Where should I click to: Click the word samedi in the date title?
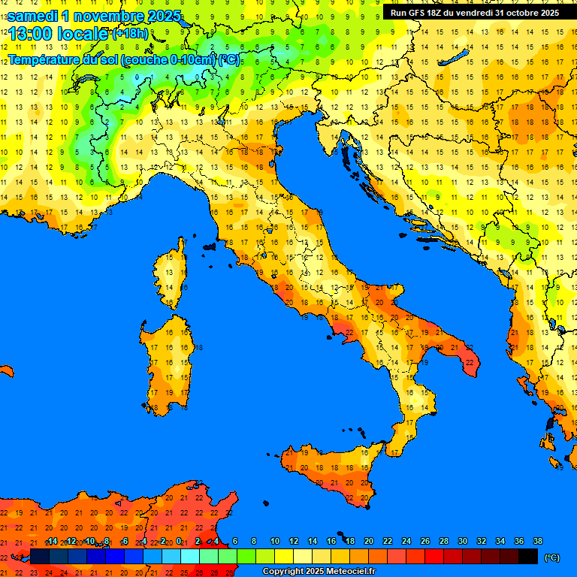point(34,15)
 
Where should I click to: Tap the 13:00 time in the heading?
point(30,34)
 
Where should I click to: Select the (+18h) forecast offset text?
point(131,35)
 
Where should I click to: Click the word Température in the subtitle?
point(45,59)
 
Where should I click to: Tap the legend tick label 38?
point(537,542)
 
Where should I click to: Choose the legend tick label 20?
point(369,542)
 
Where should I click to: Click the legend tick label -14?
point(51,542)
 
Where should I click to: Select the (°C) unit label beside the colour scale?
point(552,557)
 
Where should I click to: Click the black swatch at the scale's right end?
point(528,557)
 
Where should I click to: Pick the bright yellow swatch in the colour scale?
point(284,557)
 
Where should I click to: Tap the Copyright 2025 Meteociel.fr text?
point(319,572)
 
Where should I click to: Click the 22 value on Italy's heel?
point(470,362)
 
